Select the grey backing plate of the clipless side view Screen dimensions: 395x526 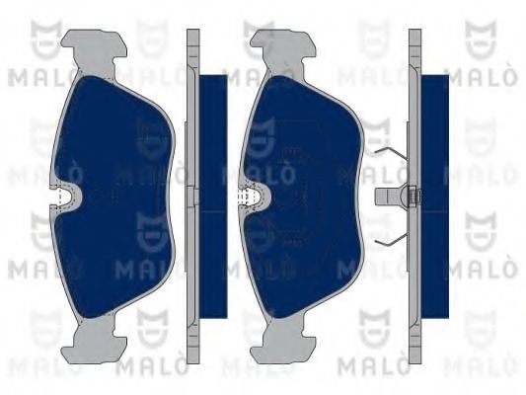click(x=192, y=197)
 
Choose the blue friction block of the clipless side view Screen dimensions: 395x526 click(x=212, y=197)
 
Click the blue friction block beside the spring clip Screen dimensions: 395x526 click(x=435, y=197)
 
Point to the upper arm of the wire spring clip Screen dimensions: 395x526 click(x=390, y=158)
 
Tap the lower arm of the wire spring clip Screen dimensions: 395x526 click(x=390, y=237)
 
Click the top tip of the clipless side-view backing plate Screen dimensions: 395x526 click(x=192, y=36)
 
